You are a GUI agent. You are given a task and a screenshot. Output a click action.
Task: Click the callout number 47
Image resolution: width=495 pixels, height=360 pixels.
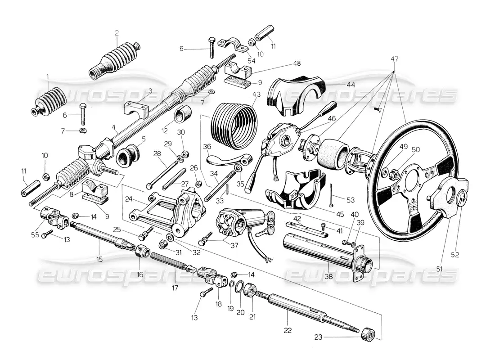pos(395,59)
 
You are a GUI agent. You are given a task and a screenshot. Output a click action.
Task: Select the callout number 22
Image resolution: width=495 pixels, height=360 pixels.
pos(288,330)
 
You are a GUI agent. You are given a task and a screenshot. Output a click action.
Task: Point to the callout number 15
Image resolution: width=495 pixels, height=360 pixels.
pos(99,259)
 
